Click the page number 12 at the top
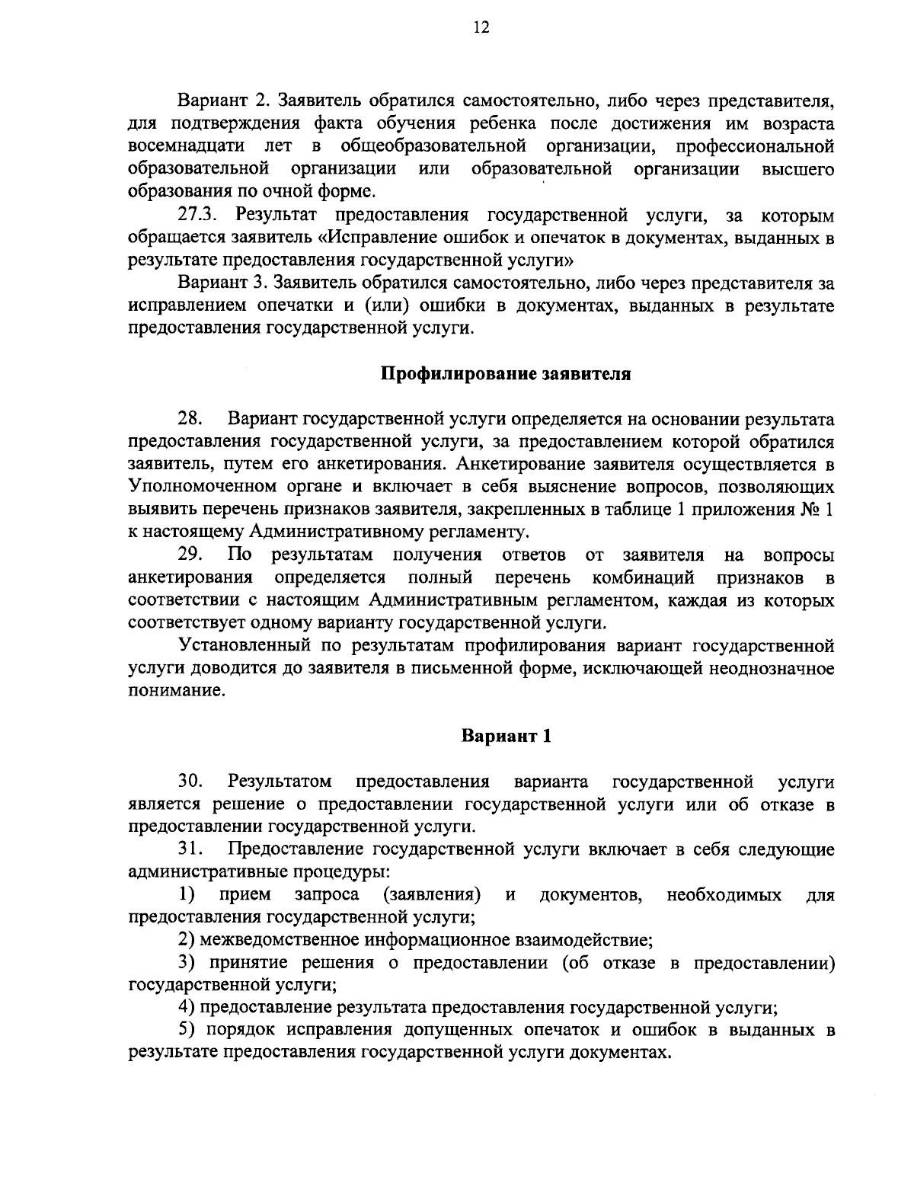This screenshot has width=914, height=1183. (x=481, y=28)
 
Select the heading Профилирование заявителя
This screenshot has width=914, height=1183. (x=506, y=375)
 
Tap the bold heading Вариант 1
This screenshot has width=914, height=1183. (x=506, y=736)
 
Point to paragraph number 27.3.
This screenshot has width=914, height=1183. (x=199, y=216)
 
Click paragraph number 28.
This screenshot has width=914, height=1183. (x=189, y=419)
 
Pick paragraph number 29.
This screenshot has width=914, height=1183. (x=189, y=554)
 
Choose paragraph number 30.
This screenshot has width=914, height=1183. (x=190, y=781)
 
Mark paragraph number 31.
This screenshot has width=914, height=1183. (x=190, y=849)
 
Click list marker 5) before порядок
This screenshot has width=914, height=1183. (x=187, y=1031)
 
